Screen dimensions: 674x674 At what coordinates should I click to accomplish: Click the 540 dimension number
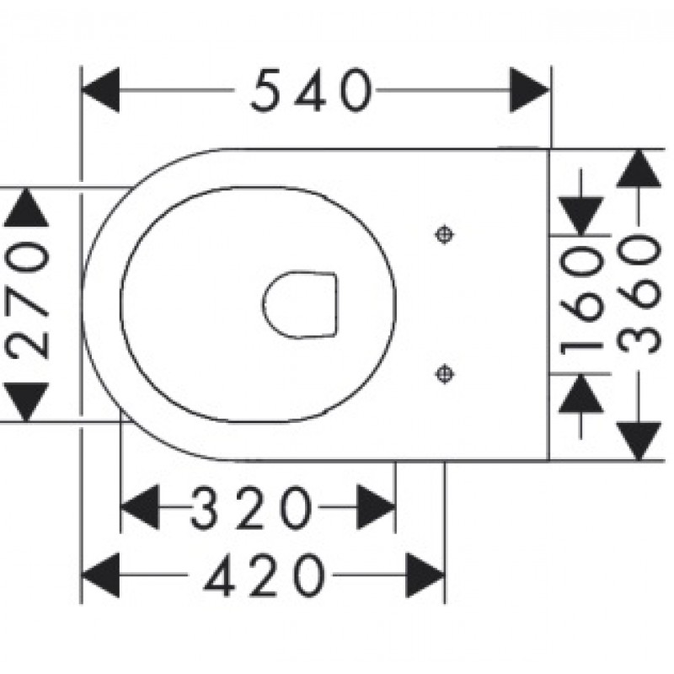coord(311,91)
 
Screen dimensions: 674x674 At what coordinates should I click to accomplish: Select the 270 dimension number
coord(27,300)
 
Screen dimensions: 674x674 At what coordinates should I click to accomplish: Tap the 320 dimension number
coord(251,508)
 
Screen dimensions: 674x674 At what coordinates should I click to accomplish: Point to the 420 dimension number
coord(264,575)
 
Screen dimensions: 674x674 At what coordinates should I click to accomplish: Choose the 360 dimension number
coord(639,294)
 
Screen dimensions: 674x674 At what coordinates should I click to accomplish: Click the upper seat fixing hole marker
coord(445,235)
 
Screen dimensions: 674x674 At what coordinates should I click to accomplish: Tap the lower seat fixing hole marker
coord(445,373)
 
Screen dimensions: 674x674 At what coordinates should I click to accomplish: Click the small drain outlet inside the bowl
coord(300,305)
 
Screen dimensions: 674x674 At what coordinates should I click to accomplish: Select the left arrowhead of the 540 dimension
coord(100,90)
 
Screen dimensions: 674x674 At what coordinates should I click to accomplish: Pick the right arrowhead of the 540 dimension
coord(530,90)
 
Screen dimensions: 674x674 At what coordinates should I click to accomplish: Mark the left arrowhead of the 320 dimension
coord(140,507)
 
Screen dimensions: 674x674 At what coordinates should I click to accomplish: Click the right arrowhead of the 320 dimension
coord(376,507)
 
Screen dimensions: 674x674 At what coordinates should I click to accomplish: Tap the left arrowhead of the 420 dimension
coord(100,575)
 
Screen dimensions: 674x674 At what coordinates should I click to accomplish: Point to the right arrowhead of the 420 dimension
coord(425,575)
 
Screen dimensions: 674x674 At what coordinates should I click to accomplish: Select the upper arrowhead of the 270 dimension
coord(26,207)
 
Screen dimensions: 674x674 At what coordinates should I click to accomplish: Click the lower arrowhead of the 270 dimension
coord(26,402)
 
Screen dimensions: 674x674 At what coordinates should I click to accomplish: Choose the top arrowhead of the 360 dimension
coord(639,168)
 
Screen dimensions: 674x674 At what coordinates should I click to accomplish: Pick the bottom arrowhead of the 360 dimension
coord(639,441)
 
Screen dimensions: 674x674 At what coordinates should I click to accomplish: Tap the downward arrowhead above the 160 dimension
coord(581,217)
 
